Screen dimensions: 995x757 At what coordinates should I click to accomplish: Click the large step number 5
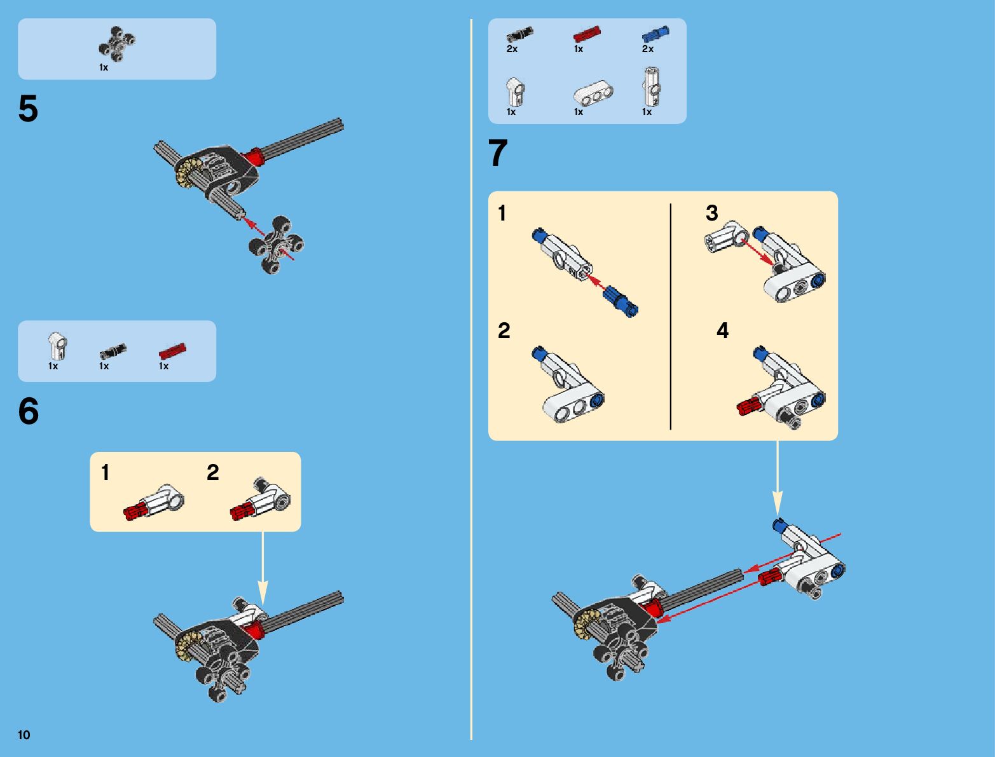28,109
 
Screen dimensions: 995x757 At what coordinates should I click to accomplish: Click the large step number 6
29,411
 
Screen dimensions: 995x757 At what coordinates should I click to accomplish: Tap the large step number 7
498,153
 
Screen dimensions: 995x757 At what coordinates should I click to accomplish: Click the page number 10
24,735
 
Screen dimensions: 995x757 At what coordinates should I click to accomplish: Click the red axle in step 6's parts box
172,351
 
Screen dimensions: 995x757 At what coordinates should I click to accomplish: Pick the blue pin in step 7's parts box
655,34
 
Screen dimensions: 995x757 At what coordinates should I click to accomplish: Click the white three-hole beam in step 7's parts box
593,93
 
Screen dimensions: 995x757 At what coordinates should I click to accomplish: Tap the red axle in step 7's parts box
587,34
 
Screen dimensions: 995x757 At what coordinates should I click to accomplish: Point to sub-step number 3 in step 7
711,213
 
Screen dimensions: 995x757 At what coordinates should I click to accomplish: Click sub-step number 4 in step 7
722,331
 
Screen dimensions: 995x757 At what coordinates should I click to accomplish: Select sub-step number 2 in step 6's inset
212,472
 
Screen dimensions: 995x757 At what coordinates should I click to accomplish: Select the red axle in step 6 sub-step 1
135,510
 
